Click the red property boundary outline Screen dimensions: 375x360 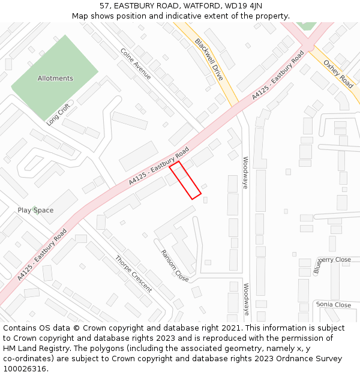coord(185,180)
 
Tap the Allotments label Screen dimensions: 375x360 coord(55,79)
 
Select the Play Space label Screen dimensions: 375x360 coord(35,210)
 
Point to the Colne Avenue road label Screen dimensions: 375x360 coord(136,64)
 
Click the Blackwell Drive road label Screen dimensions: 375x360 coord(209,60)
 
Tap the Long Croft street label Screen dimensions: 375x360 coord(58,114)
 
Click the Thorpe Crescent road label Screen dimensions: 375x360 coord(133,274)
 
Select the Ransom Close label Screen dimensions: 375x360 coord(175,266)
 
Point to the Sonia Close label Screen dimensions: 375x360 coord(334,305)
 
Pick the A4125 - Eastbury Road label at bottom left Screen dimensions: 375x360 coord(42,254)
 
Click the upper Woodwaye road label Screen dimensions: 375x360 coord(245,173)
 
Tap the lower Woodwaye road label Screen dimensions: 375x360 coord(246,299)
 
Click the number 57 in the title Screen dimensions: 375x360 coord(106,5)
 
